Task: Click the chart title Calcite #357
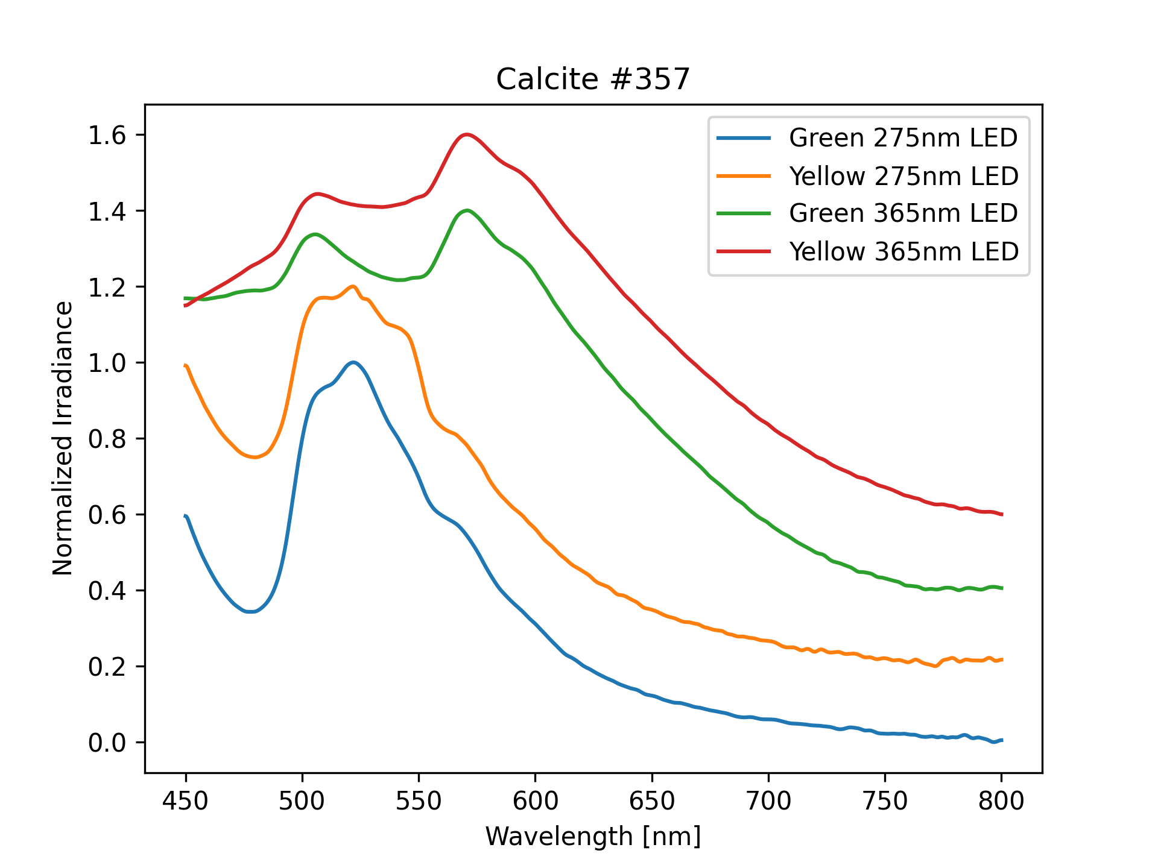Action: [x=593, y=79]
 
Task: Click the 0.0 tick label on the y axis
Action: [x=107, y=743]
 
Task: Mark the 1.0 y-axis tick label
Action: [x=107, y=363]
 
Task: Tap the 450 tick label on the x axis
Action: [x=186, y=801]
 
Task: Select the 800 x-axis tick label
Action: [x=1002, y=801]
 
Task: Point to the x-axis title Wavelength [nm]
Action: [x=593, y=837]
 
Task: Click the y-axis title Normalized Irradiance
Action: [x=63, y=438]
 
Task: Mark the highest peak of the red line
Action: [x=466, y=134]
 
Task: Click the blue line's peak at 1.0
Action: [x=353, y=362]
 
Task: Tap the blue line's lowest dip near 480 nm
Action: [x=252, y=612]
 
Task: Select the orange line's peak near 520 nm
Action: [x=353, y=286]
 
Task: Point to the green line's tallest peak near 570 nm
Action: [x=467, y=210]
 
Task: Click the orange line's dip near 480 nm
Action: [x=255, y=458]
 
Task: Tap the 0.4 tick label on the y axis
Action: [x=107, y=591]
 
